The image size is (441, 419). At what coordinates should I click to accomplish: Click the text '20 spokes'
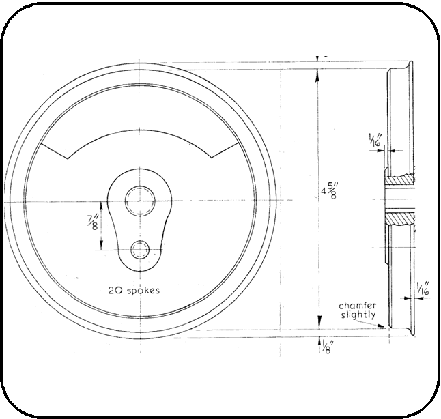[134, 290]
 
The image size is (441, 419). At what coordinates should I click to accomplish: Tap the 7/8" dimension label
[92, 222]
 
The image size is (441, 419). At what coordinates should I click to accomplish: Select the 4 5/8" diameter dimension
[329, 190]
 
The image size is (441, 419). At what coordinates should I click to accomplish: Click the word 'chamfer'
[357, 306]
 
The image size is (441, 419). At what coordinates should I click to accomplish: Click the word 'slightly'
[358, 315]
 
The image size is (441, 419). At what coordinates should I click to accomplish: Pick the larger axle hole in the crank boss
[140, 201]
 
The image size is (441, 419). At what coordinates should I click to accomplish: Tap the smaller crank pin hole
[140, 250]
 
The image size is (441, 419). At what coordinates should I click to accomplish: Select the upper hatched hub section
[399, 179]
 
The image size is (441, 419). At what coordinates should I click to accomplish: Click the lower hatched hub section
[399, 218]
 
